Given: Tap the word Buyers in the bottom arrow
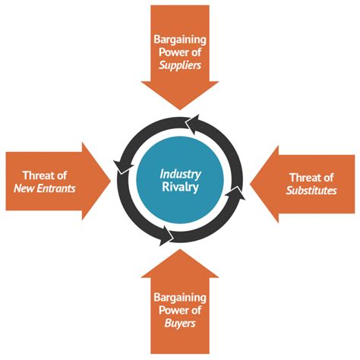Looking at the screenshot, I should [180, 324].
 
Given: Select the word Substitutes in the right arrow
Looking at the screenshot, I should [311, 190].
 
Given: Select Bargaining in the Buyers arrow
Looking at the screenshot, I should [180, 296].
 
